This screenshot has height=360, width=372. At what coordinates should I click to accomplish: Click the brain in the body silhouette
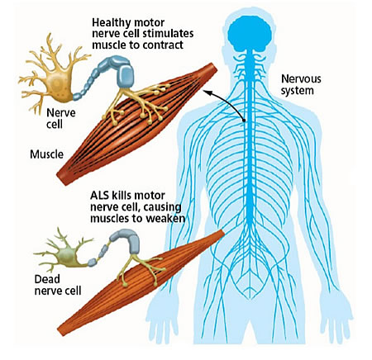[250, 33]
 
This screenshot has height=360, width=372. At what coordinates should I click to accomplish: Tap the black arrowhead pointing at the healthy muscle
[207, 93]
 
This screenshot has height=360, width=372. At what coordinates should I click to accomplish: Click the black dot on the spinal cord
[244, 121]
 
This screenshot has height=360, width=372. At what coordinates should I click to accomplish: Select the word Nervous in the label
[301, 79]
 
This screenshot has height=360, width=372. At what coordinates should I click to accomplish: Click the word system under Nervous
[297, 91]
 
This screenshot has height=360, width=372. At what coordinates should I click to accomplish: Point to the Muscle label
[46, 154]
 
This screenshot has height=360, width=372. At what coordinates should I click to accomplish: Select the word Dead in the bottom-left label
[47, 279]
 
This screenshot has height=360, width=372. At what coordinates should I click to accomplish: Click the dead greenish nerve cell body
[67, 257]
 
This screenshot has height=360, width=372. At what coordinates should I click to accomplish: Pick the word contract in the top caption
[164, 45]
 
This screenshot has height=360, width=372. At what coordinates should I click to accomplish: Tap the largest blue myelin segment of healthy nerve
[127, 73]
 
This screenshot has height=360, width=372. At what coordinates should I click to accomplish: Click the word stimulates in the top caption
[168, 34]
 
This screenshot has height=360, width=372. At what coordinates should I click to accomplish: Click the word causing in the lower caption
[162, 207]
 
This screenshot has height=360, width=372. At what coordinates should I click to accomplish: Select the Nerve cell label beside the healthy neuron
[60, 118]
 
